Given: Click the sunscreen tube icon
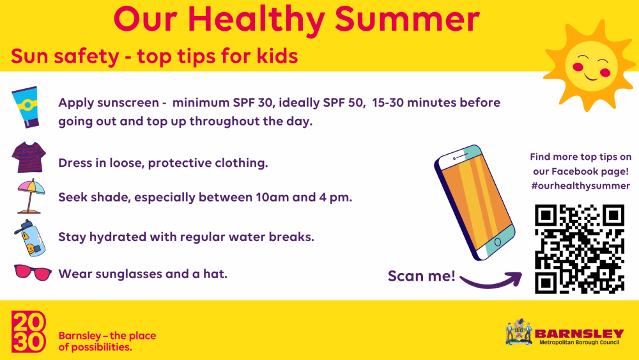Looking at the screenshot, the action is pyautogui.click(x=26, y=107).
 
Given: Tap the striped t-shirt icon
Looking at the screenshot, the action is pyautogui.click(x=29, y=157).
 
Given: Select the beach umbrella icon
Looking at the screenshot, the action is pyautogui.click(x=30, y=196).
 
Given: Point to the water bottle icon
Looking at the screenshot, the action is pyautogui.click(x=30, y=238).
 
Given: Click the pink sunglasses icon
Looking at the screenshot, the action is pyautogui.click(x=33, y=272).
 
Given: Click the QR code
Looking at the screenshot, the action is pyautogui.click(x=580, y=249).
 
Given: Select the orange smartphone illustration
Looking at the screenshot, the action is pyautogui.click(x=474, y=203).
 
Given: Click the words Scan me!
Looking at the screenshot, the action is pyautogui.click(x=421, y=276).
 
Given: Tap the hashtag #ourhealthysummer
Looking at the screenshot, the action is pyautogui.click(x=581, y=186).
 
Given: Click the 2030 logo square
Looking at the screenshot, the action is pyautogui.click(x=29, y=331).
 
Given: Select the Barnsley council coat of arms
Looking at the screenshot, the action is pyautogui.click(x=519, y=333).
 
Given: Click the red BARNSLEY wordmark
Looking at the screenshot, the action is pyautogui.click(x=579, y=334).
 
